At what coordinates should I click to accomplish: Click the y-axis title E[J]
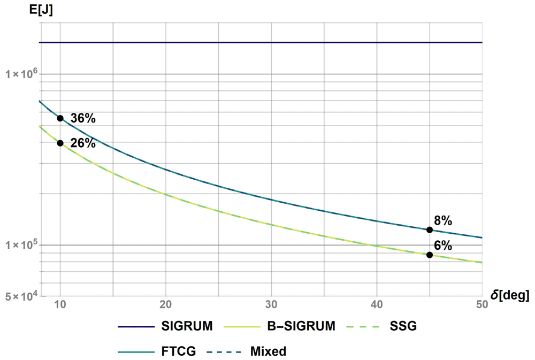pos(41,10)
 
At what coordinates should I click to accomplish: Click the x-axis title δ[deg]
pos(510,295)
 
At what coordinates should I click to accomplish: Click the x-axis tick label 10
pos(60,304)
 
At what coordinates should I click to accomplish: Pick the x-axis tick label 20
pos(165,304)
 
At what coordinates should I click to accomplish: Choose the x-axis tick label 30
pos(271,304)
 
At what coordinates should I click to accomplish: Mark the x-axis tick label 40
pos(377,304)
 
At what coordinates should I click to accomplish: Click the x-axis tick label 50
pos(482,304)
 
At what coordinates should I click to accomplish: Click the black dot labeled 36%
pos(60,118)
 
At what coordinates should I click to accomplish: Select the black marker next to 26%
pos(60,143)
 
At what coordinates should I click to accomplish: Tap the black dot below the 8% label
pos(430,230)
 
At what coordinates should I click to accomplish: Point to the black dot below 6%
pos(430,255)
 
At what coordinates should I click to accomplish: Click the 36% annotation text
pos(83,118)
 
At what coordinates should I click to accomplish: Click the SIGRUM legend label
pos(187,326)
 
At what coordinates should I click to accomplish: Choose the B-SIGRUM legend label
pos(301,326)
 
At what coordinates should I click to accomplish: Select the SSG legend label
pos(403,326)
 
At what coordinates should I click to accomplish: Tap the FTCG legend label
pos(179,351)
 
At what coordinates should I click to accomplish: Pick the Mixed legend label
pos(268,351)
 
